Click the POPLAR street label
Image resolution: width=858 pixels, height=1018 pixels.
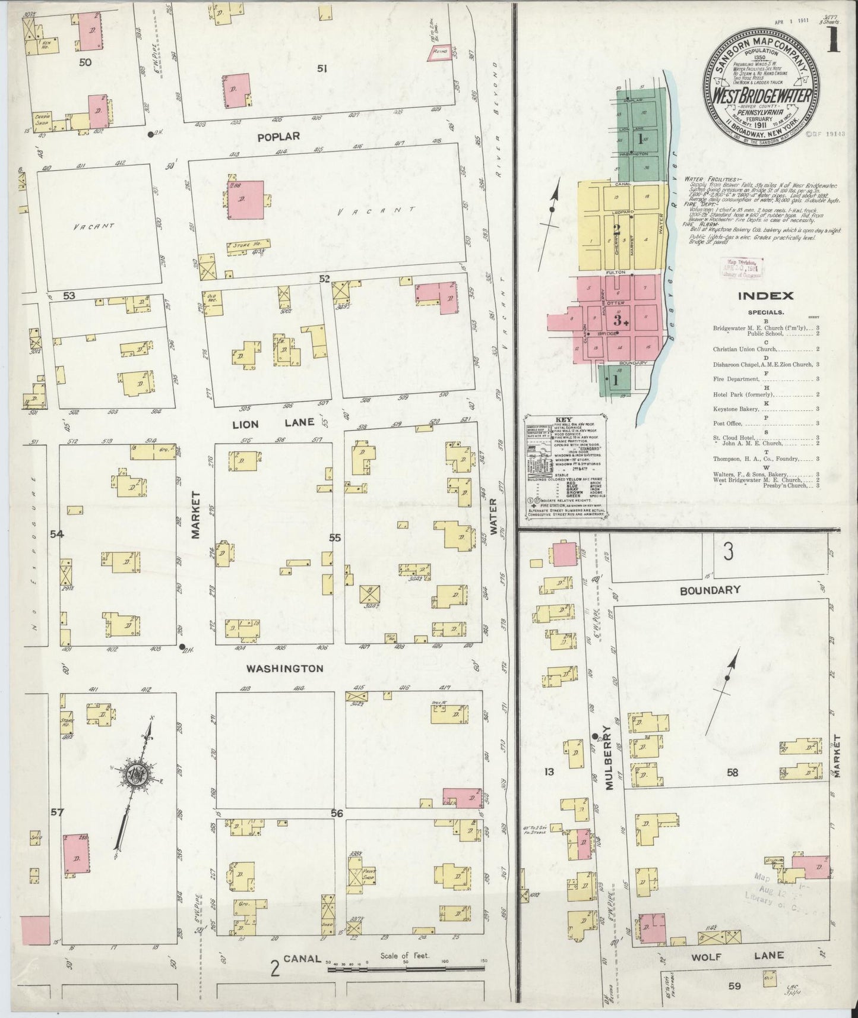pyautogui.click(x=278, y=137)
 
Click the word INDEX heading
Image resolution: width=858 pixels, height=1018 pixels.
pyautogui.click(x=765, y=295)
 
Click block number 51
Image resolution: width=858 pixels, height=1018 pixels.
pyautogui.click(x=322, y=69)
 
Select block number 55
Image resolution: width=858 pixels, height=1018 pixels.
pyautogui.click(x=335, y=538)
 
